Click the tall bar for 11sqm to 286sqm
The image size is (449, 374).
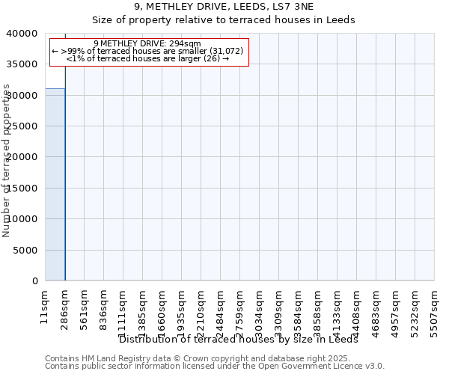pyautogui.click(x=55, y=185)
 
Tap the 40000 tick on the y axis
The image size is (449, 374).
pyautogui.click(x=25, y=34)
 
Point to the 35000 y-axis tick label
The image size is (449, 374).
pyautogui.click(x=25, y=64)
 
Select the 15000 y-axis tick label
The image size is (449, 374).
pyautogui.click(x=25, y=188)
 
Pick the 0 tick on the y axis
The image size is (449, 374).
pyautogui.click(x=35, y=281)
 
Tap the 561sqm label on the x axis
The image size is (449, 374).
pyautogui.click(x=84, y=307)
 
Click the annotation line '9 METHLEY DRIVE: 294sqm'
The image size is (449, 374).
pyautogui.click(x=147, y=43)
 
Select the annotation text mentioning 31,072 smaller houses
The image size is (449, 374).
pyautogui.click(x=147, y=51)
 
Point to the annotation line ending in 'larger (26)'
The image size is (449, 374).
pyautogui.click(x=147, y=58)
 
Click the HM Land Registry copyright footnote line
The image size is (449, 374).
pyautogui.click(x=214, y=358)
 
